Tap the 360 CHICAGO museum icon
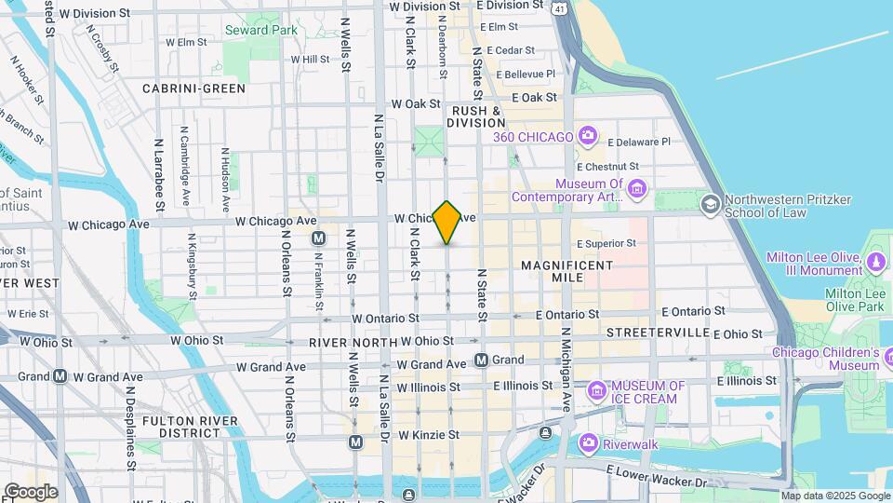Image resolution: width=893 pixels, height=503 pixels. [587, 137]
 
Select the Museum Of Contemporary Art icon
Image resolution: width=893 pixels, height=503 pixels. [637, 190]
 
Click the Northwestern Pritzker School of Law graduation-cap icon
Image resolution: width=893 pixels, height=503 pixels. [711, 203]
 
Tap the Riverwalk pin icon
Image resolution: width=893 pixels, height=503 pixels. [587, 443]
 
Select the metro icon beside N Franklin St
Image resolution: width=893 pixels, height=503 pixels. [319, 238]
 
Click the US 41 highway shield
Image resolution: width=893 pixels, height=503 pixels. [559, 7]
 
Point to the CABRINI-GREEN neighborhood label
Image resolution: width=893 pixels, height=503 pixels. [193, 88]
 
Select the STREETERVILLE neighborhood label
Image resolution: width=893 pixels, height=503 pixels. [658, 333]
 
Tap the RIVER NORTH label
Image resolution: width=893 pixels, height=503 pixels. [350, 342]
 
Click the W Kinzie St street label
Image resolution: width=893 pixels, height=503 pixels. [429, 435]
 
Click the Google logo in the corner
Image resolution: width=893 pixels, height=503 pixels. [31, 492]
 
